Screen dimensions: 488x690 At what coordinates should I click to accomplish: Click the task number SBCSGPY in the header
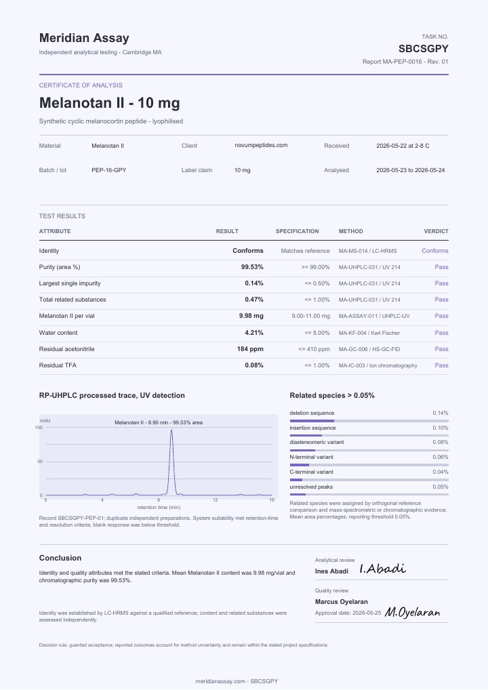point(424,48)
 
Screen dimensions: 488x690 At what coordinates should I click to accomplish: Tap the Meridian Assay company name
point(84,38)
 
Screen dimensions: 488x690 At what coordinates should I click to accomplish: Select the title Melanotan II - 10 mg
point(110,103)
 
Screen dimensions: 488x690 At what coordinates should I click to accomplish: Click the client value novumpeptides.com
point(261,145)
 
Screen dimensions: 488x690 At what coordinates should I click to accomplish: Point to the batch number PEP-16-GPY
point(108,170)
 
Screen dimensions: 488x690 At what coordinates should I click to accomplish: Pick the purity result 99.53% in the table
point(252,267)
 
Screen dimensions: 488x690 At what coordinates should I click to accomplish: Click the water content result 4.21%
point(254,333)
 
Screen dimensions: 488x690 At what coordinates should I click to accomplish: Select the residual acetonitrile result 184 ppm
point(250,349)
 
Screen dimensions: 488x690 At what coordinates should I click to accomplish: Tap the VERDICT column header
point(436,231)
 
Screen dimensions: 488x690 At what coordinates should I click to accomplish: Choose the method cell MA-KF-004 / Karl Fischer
point(369,333)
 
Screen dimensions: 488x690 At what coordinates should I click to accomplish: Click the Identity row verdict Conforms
point(434,251)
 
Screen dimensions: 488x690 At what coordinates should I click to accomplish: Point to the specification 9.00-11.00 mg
point(310,316)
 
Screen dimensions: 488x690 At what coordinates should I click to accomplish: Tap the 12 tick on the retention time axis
point(215,500)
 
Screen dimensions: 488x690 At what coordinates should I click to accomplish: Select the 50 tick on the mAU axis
point(40,462)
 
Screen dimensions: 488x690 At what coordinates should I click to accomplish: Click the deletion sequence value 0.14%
point(440,413)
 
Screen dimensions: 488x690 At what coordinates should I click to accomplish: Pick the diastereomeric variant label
point(317,442)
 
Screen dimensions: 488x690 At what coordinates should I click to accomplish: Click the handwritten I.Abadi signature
point(382,569)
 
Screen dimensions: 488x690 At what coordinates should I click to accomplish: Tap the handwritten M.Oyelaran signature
point(412,611)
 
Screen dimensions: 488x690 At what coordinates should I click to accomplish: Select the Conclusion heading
point(60,558)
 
